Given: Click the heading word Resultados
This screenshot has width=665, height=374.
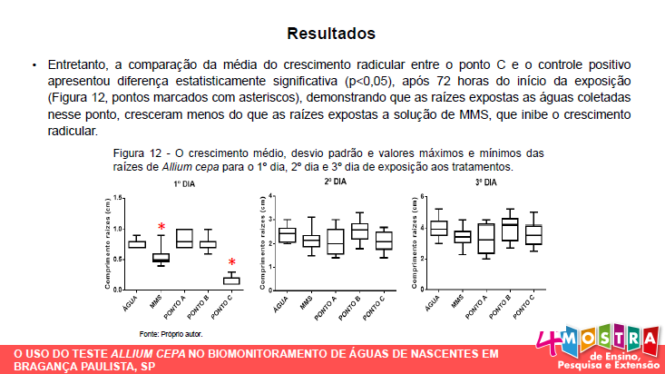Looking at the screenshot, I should point(331,34).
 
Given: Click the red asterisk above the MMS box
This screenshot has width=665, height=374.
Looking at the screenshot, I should point(161,227).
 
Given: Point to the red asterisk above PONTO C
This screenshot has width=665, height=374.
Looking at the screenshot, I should point(232,262).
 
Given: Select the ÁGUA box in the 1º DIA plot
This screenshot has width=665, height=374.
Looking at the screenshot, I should point(137,243).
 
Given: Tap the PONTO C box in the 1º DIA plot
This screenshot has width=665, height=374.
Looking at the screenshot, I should point(232,280).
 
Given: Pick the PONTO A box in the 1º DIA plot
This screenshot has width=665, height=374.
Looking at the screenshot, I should point(184,238).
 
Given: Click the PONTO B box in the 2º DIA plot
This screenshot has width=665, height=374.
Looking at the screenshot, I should point(359,231).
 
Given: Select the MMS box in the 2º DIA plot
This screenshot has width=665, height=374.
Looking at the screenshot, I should point(311,241).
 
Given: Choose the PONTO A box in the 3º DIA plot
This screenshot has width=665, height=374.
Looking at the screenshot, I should point(486,238).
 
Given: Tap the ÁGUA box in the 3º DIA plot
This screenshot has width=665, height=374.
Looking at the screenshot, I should point(439,228).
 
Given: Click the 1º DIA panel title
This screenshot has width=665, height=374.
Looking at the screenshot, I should point(185,184).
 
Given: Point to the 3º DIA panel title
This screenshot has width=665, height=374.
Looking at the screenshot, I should point(486,182).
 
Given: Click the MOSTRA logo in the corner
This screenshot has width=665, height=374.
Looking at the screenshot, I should point(600,344).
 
